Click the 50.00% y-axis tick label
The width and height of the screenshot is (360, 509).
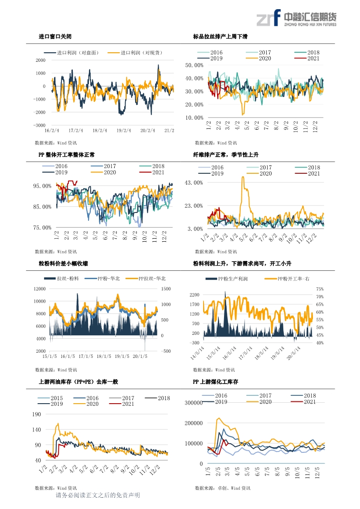(194, 65)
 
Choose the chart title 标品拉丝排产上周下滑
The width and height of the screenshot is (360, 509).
(220, 37)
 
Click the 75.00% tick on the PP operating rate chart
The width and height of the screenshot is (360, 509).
(43, 227)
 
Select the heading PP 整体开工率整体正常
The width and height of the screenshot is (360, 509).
(67, 155)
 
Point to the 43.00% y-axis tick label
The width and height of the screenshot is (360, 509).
(194, 182)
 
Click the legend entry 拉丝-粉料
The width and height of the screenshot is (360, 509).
(68, 278)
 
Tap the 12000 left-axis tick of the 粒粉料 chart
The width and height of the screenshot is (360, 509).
(40, 289)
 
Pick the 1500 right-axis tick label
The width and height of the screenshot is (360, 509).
(166, 289)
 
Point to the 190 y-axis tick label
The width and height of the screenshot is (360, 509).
(37, 414)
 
